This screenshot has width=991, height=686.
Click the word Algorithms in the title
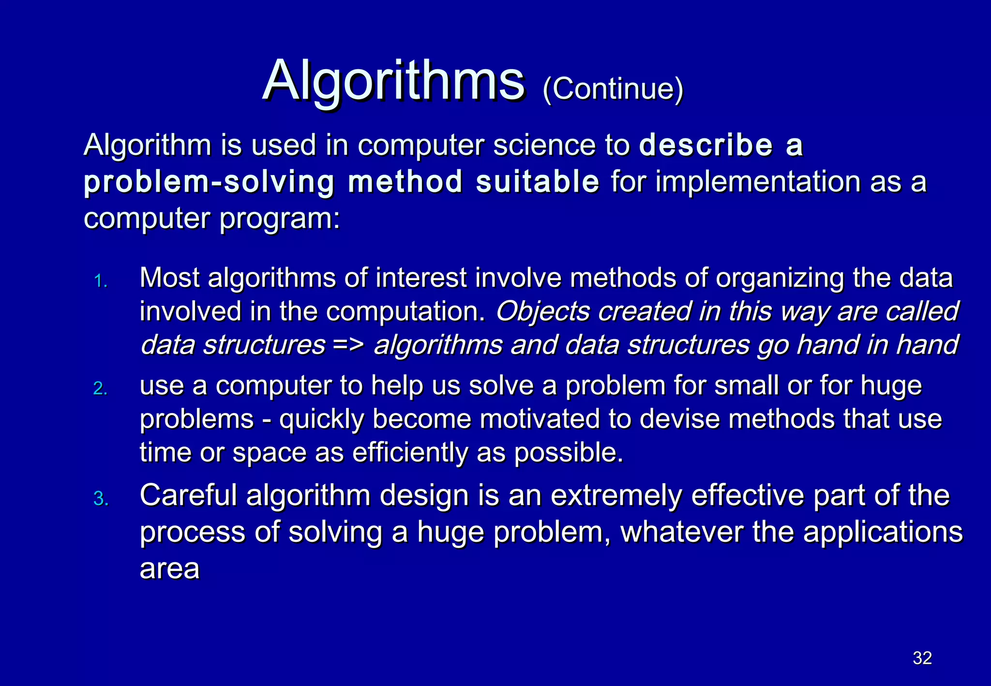pyautogui.click(x=393, y=81)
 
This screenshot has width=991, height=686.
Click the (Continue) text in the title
pyautogui.click(x=613, y=89)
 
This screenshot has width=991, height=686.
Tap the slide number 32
pyautogui.click(x=922, y=658)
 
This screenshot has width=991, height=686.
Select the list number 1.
pyautogui.click(x=100, y=281)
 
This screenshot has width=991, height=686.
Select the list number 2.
pyautogui.click(x=100, y=388)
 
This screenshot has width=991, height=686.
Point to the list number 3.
pyautogui.click(x=101, y=499)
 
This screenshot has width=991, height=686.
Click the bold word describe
pyautogui.click(x=706, y=145)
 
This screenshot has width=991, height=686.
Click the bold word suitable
pyautogui.click(x=537, y=182)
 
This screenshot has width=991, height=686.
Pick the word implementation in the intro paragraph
pyautogui.click(x=757, y=182)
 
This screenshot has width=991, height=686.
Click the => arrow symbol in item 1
pyautogui.click(x=348, y=345)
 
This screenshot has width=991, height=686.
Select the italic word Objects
pyautogui.click(x=542, y=311)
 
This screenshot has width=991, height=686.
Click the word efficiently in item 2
pyautogui.click(x=410, y=453)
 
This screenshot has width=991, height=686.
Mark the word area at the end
pyautogui.click(x=169, y=569)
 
